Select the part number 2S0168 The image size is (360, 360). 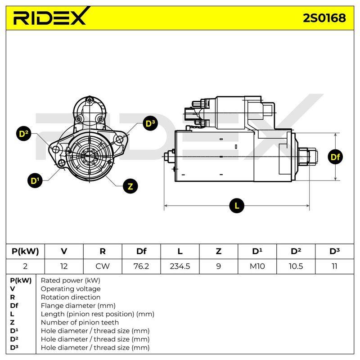click(x=324, y=18)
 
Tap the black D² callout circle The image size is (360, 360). click(x=24, y=134)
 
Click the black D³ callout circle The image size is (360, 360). click(x=150, y=123)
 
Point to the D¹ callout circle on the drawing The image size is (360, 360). click(x=35, y=180)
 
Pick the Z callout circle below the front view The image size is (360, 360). click(x=130, y=186)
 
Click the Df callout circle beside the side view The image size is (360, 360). click(x=335, y=157)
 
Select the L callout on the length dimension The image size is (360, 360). click(x=237, y=206)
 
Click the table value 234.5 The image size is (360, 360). click(x=180, y=266)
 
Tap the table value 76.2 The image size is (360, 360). click(x=141, y=266)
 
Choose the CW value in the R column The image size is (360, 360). click(x=103, y=266)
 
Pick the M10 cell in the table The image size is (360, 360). click(x=257, y=266)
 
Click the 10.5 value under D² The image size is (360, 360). click(x=296, y=266)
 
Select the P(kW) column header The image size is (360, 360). click(x=25, y=251)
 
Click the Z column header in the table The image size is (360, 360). click(x=218, y=251)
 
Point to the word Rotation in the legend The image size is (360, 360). click(x=54, y=297)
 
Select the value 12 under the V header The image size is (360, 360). click(x=64, y=266)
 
